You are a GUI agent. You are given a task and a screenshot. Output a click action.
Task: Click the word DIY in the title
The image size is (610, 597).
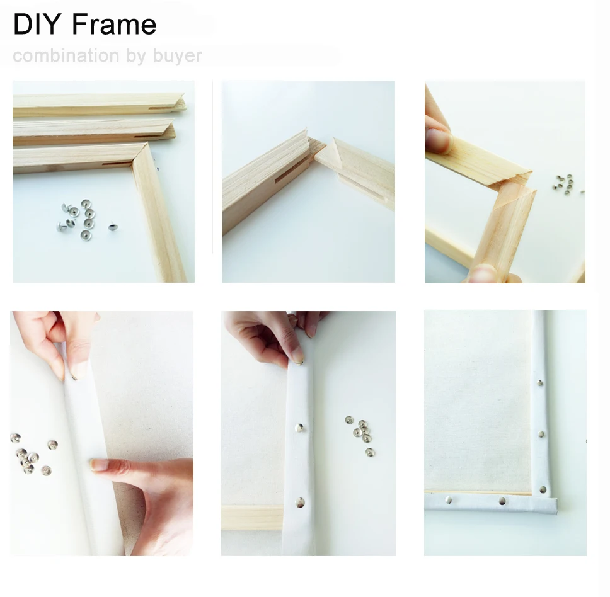[x=37, y=25]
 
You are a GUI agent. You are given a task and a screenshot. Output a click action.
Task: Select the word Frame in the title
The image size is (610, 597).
[x=114, y=25]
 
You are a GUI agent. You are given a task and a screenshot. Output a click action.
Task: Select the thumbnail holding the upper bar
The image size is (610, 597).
[x=437, y=140]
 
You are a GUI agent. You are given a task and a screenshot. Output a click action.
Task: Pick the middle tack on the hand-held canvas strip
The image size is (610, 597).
[x=300, y=428]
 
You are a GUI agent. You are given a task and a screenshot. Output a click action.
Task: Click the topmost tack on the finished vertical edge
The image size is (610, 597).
[x=540, y=382]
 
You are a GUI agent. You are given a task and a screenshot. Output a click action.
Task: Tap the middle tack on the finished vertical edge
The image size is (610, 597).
[x=541, y=434]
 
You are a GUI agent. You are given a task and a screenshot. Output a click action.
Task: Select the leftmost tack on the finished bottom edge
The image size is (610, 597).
[x=447, y=501]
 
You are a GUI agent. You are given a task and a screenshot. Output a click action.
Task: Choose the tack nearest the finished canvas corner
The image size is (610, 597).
[x=542, y=488]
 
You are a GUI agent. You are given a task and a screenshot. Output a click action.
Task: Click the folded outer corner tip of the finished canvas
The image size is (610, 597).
[x=555, y=506]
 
